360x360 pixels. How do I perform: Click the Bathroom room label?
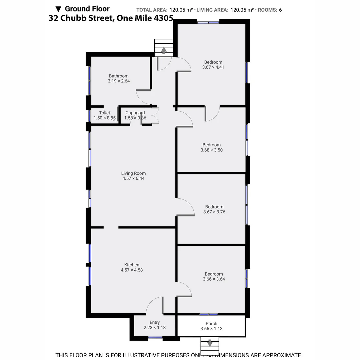pyautogui.click(x=118, y=76)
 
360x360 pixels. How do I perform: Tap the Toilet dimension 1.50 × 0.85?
pyautogui.click(x=105, y=118)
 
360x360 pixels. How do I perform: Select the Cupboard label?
pyautogui.click(x=135, y=113)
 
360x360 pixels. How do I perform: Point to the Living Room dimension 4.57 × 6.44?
pyautogui.click(x=133, y=178)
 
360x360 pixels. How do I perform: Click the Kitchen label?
pyautogui.click(x=132, y=265)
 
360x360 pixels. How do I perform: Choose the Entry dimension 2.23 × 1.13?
pyautogui.click(x=154, y=327)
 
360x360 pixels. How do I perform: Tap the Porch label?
pyautogui.click(x=211, y=323)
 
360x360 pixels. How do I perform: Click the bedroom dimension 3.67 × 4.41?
pyautogui.click(x=213, y=67)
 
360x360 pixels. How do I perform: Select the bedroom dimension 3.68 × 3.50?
pyautogui.click(x=211, y=150)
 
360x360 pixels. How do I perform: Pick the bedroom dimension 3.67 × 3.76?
pyautogui.click(x=214, y=212)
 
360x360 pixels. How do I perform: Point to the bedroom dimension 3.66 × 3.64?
pyautogui.click(x=214, y=279)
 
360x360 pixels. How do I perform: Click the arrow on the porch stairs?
pyautogui.click(x=210, y=343)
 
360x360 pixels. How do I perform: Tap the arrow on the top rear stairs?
pyautogui.click(x=164, y=50)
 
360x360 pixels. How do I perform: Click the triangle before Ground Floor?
pyautogui.click(x=58, y=9)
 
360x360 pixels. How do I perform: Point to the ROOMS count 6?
pyautogui.click(x=280, y=10)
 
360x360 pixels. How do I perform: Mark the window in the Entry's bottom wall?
pyautogui.click(x=155, y=338)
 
